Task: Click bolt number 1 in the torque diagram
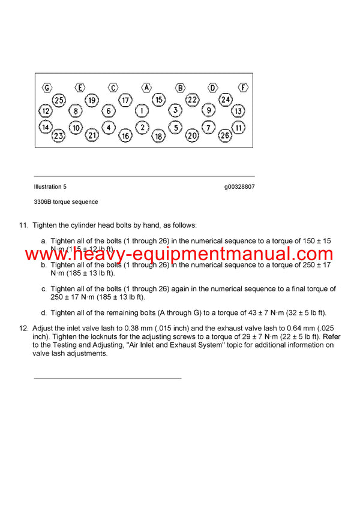click(x=141, y=111)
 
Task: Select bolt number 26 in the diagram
click(x=226, y=135)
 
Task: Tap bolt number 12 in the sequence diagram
click(x=46, y=111)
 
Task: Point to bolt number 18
click(x=158, y=136)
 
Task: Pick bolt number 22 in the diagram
click(x=192, y=100)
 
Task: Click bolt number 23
click(x=58, y=136)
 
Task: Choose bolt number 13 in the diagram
click(x=238, y=111)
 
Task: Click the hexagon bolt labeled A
click(x=146, y=88)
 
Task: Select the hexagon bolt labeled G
click(x=47, y=88)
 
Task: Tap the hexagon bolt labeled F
click(x=243, y=88)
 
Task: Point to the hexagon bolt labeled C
click(x=113, y=88)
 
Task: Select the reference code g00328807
click(x=239, y=187)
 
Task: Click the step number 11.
click(x=24, y=225)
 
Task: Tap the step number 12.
click(x=24, y=329)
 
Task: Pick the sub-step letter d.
click(x=44, y=313)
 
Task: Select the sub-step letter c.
click(x=44, y=289)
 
